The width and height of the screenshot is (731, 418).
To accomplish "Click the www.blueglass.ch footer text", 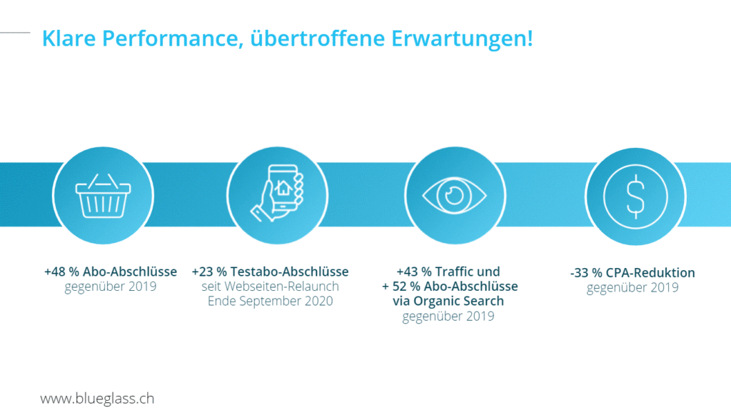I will point(97,399).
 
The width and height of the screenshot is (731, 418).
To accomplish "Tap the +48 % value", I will point(61,272).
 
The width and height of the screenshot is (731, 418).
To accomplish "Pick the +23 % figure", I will point(209,272).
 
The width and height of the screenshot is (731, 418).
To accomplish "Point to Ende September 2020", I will point(270,302).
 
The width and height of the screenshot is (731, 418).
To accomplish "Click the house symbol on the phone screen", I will point(283,189).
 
